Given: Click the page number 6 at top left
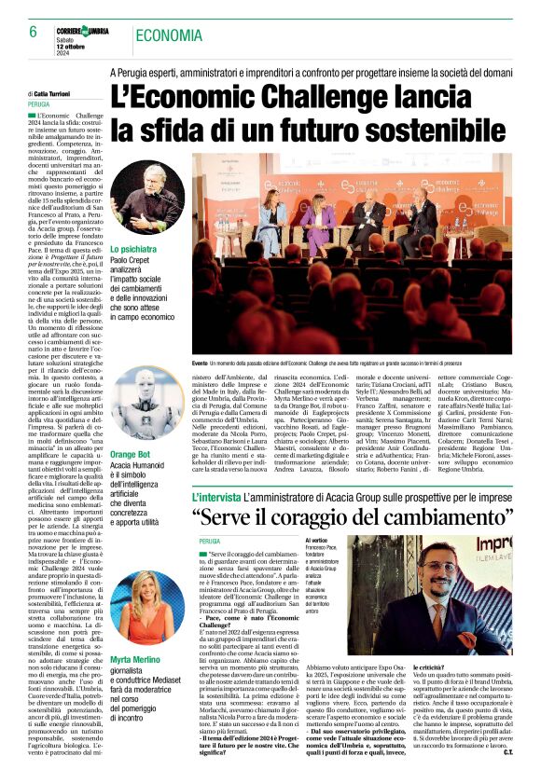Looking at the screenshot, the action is click(x=33, y=31).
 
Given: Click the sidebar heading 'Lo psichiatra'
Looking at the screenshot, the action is click(x=133, y=251).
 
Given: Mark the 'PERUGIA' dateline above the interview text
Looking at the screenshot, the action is click(x=210, y=541).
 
